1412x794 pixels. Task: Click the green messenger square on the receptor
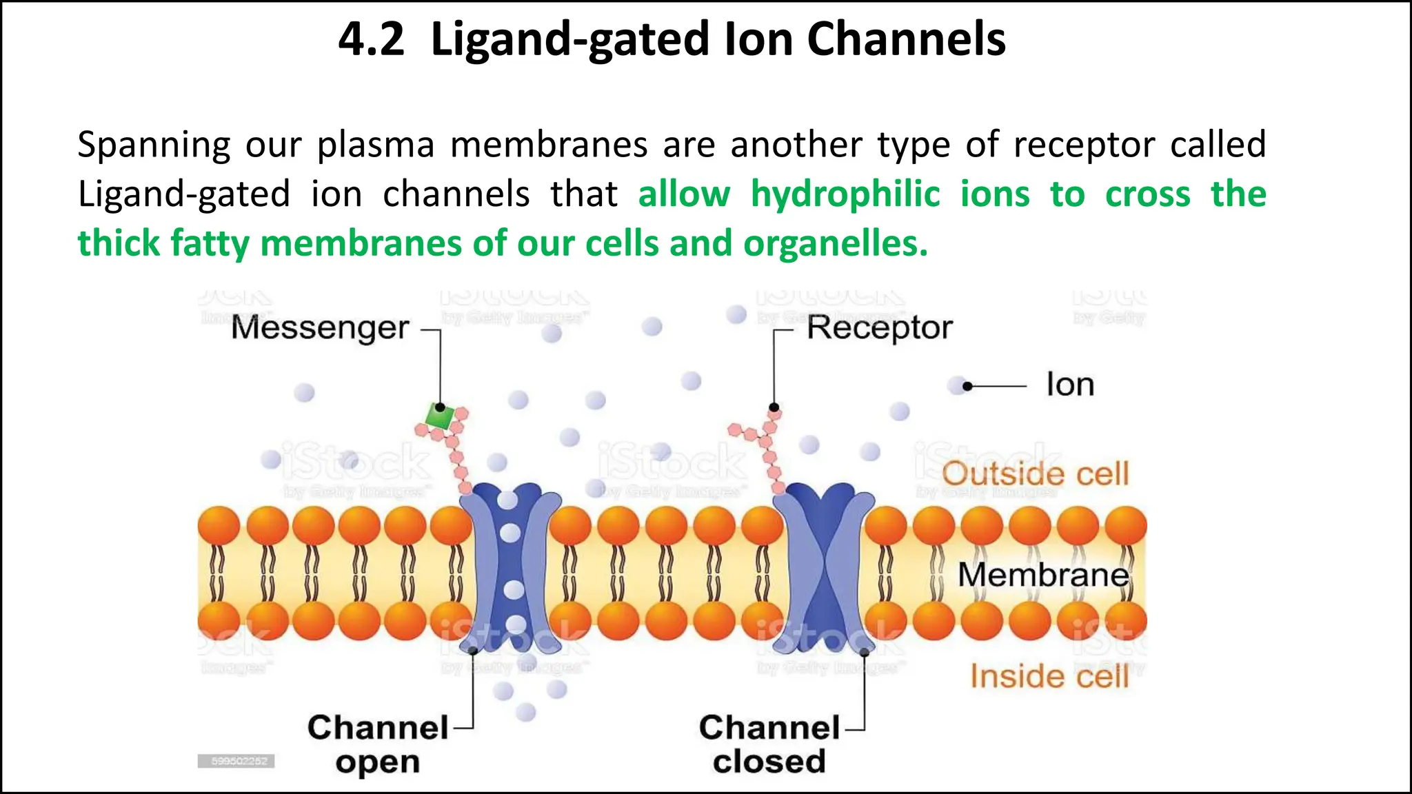tap(439, 416)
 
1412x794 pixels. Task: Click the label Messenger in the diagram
tap(321, 328)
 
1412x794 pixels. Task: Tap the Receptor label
tap(880, 328)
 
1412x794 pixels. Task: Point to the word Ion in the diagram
tap(1070, 385)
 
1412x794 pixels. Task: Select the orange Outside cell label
tap(1036, 474)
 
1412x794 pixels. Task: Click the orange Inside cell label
tap(1049, 676)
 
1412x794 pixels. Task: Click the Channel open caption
tap(378, 744)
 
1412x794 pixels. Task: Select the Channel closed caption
tap(769, 744)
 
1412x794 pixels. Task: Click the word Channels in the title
tap(906, 39)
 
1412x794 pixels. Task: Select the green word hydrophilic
tap(845, 194)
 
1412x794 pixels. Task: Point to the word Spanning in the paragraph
tap(154, 145)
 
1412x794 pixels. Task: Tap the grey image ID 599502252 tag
tap(236, 761)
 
